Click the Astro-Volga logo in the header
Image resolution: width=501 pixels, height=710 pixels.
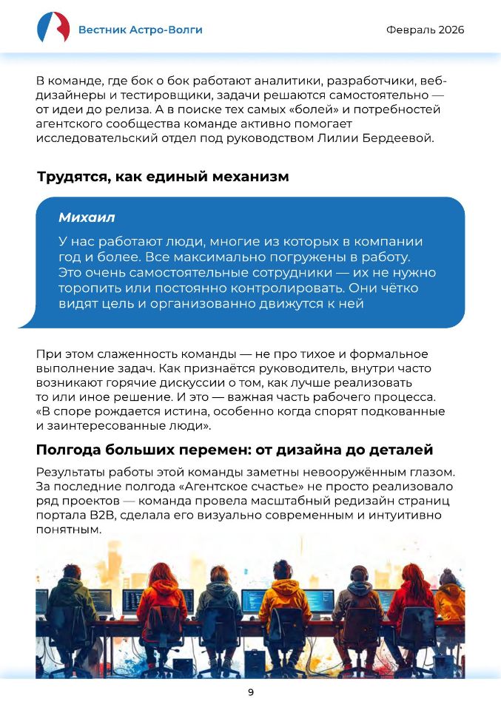point(53,29)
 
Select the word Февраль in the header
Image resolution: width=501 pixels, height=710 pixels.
point(409,30)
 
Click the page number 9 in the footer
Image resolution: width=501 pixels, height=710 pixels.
point(250,692)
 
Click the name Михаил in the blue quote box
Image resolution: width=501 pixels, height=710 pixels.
point(86,218)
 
